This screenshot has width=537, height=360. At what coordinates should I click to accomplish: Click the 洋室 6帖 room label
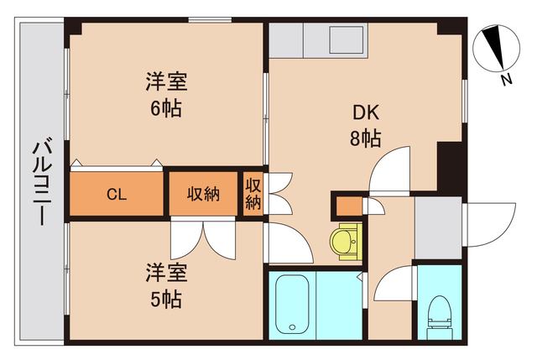166,95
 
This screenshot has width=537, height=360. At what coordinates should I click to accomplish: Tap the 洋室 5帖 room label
166,285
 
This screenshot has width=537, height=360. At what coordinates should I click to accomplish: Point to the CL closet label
116,195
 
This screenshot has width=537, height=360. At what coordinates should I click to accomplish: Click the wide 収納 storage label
203,195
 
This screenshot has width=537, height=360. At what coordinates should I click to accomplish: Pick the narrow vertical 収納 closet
253,195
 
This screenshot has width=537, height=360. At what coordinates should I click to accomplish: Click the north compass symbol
496,49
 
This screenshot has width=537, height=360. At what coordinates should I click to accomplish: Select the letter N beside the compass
506,80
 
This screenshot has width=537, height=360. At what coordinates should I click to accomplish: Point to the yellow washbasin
344,241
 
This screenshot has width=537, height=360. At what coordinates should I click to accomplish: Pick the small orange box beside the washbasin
347,205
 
